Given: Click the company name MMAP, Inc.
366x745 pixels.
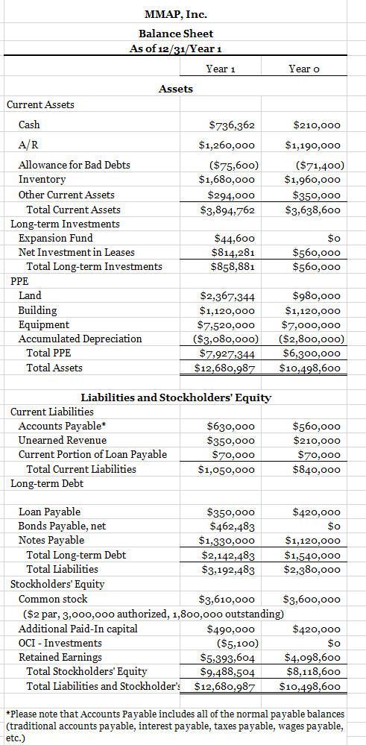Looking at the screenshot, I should click(x=175, y=14).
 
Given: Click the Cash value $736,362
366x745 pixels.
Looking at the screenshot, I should click(x=232, y=125).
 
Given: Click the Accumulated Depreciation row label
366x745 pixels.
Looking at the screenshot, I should click(x=80, y=339).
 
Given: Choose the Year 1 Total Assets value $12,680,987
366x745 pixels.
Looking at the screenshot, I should click(x=225, y=368).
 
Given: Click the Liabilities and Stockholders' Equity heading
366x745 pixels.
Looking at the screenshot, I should click(x=175, y=397).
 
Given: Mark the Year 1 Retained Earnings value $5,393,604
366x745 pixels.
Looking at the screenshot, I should click(x=228, y=657).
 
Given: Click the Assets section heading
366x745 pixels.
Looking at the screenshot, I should click(x=176, y=89).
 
